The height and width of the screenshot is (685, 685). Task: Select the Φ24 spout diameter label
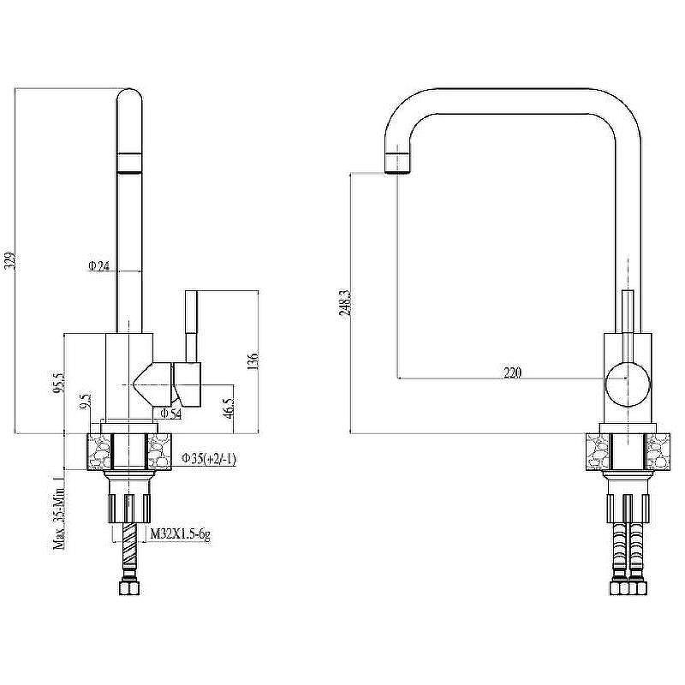click(x=98, y=266)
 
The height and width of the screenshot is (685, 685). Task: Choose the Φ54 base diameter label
click(x=171, y=414)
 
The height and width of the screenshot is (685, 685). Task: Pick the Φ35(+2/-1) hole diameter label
click(x=208, y=460)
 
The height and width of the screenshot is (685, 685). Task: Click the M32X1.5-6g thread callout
click(x=181, y=534)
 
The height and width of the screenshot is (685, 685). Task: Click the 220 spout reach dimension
click(x=512, y=372)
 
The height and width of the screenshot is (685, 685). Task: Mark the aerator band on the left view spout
click(x=128, y=163)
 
